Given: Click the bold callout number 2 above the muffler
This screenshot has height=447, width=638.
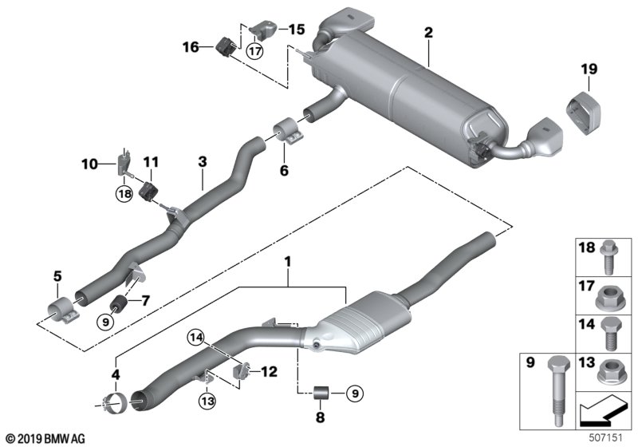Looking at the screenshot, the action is [x=428, y=33].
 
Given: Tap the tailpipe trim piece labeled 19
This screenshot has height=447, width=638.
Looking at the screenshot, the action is [x=585, y=113].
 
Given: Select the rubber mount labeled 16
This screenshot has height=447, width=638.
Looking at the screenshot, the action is [x=226, y=47].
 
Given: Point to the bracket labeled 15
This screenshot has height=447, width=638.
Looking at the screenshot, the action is [x=263, y=30].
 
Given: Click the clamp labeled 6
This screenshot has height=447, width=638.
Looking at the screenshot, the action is [x=288, y=130].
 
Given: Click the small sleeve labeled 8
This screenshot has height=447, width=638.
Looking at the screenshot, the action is [x=321, y=394].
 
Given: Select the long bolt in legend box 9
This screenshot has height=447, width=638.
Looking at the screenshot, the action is [x=556, y=389].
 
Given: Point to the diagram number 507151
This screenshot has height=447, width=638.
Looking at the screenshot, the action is [x=606, y=437].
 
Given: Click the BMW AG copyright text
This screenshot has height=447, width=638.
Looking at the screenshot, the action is [x=46, y=438].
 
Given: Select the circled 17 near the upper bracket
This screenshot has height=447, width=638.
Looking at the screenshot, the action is [x=254, y=51].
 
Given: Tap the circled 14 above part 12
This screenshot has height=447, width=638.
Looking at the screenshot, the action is [x=195, y=338].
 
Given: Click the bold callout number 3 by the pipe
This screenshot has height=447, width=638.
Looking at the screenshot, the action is [x=203, y=161].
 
